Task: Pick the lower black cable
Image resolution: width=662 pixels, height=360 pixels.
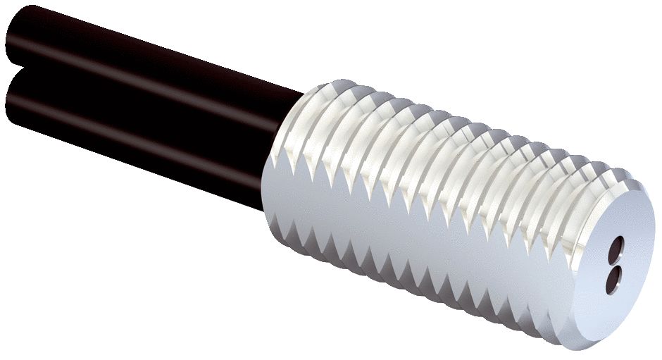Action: click(x=141, y=141)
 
